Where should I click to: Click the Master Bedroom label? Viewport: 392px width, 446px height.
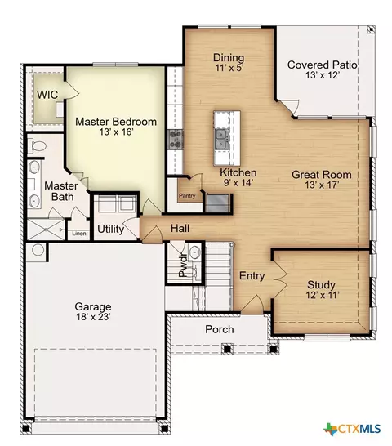[116, 122]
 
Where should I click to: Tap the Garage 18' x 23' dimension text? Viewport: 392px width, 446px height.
[93, 317]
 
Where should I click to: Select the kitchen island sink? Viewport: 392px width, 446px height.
[221, 139]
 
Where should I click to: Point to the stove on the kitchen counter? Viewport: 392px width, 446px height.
[176, 139]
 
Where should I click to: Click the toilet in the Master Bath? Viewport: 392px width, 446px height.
[37, 146]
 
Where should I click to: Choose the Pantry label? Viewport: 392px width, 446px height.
[187, 196]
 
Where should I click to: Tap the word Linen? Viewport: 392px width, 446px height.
[79, 234]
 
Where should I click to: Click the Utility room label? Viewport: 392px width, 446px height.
[111, 229]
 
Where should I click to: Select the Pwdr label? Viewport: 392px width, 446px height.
[183, 265]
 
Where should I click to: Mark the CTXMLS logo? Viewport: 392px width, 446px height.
[353, 429]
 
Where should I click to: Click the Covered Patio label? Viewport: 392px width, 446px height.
[322, 65]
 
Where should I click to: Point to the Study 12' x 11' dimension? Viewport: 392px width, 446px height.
[323, 295]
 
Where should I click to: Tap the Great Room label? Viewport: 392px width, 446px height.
[322, 175]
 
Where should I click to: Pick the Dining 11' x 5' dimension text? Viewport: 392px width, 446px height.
[229, 68]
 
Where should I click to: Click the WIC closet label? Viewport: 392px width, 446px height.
[47, 95]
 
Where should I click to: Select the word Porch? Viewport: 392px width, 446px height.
[220, 329]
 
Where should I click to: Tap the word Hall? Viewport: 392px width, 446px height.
[180, 228]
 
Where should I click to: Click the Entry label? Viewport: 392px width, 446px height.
[252, 276]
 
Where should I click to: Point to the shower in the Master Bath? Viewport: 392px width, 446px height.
[46, 229]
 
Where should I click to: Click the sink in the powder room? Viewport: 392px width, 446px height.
[195, 252]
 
